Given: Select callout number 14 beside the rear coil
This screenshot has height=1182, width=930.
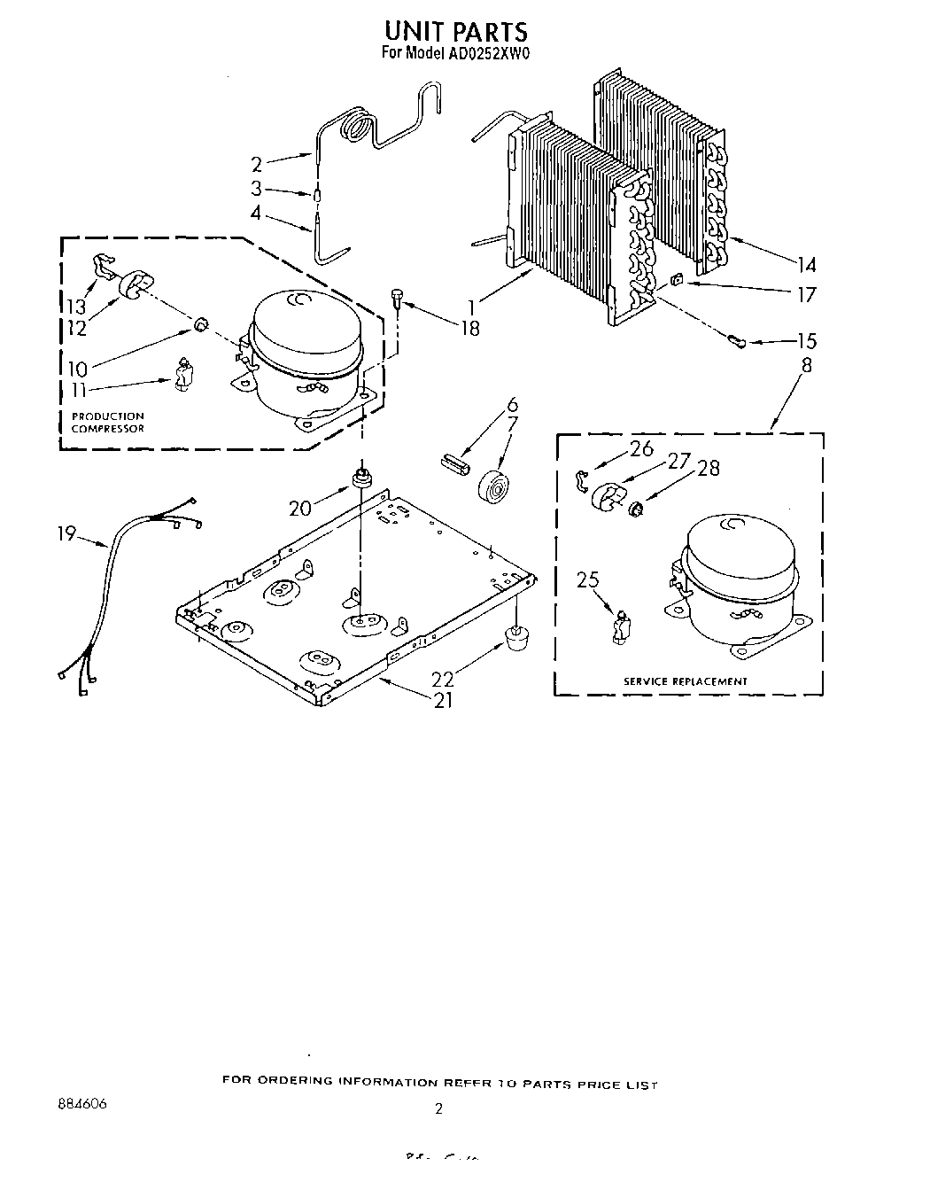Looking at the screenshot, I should pos(806,264).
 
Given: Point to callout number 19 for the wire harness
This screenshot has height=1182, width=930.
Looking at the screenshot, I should pos(66,534).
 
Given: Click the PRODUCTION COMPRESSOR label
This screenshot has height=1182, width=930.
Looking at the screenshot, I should pos(107,422).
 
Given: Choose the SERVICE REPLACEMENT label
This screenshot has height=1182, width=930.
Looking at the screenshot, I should pos(686,680).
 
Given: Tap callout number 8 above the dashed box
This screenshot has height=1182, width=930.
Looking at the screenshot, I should pos(806,364).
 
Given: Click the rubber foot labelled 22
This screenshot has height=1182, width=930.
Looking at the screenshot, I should pos(513,636).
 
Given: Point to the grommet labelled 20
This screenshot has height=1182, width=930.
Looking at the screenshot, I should pos(360,478).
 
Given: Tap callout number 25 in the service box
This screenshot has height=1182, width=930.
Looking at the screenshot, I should pos(588,580).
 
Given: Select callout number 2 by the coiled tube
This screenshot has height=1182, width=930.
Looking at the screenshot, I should pos(257,164).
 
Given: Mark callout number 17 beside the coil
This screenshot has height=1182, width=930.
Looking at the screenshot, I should pos(806,294).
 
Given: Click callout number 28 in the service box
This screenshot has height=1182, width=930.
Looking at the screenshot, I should pos(709,468).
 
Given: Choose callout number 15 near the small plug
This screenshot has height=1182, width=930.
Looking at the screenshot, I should pos(806,341).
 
